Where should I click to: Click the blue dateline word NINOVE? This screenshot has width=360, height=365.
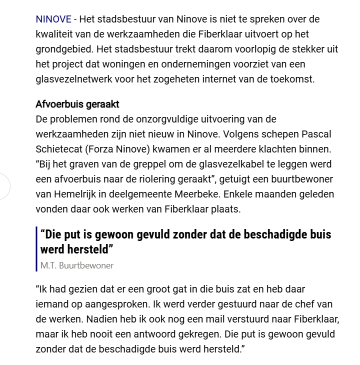(52, 19)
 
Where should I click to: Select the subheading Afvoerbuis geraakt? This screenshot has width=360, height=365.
(77, 105)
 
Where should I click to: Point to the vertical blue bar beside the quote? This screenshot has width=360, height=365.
(37, 249)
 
